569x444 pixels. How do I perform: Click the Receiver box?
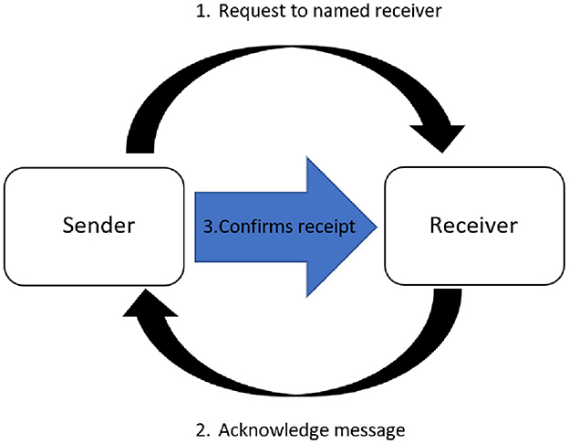pyautogui.click(x=473, y=225)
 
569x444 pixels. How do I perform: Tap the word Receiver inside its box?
pyautogui.click(x=473, y=225)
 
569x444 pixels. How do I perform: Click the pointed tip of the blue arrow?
pyautogui.click(x=373, y=226)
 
